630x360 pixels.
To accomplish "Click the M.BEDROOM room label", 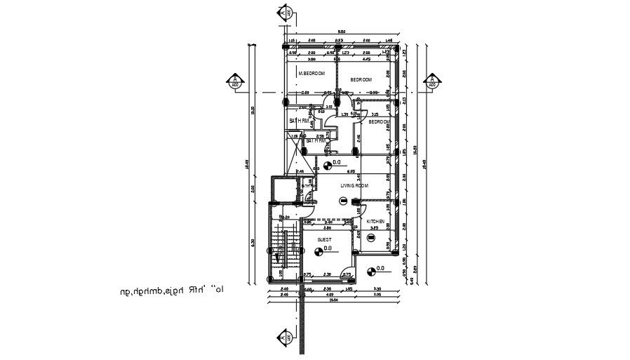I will (311, 74).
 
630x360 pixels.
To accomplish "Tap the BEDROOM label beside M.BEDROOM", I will (361, 80).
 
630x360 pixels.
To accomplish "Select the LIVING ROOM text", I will (354, 186).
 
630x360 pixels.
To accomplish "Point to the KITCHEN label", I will (375, 222).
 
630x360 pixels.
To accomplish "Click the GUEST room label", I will (324, 239).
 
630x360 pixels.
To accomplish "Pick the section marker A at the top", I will (285, 13).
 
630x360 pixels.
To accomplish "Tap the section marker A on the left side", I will (234, 81).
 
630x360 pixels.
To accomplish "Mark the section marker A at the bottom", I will (285, 338).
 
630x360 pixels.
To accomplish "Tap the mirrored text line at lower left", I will (179, 287).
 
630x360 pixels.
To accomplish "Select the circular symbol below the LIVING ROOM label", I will (342, 201).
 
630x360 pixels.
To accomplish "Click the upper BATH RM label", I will (299, 121).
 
